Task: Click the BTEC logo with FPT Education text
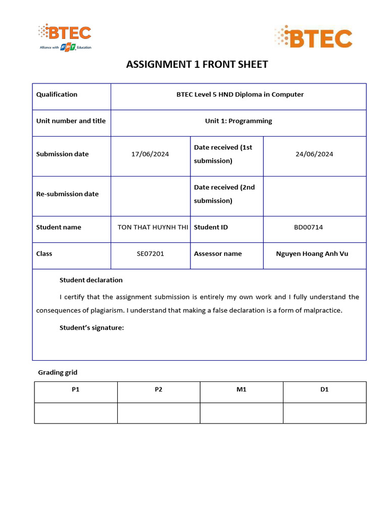pos(65,36)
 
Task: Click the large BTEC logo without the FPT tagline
pos(313,38)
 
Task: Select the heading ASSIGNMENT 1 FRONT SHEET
pos(197,64)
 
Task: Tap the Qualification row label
pos(57,95)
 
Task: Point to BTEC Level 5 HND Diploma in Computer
pos(240,95)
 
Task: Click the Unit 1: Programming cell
pos(238,121)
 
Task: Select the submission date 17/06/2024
pos(150,154)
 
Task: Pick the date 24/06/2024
pos(314,154)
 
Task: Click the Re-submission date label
pos(67,194)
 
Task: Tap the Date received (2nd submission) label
pos(224,194)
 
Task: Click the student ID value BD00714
pos(308,228)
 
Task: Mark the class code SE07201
pos(150,254)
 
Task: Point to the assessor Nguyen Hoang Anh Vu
pos(312,254)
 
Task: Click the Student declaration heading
pos(91,280)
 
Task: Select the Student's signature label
pos(91,328)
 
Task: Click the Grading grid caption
pos(58,373)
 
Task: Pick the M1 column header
pos(241,390)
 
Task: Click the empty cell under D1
pos(324,413)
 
